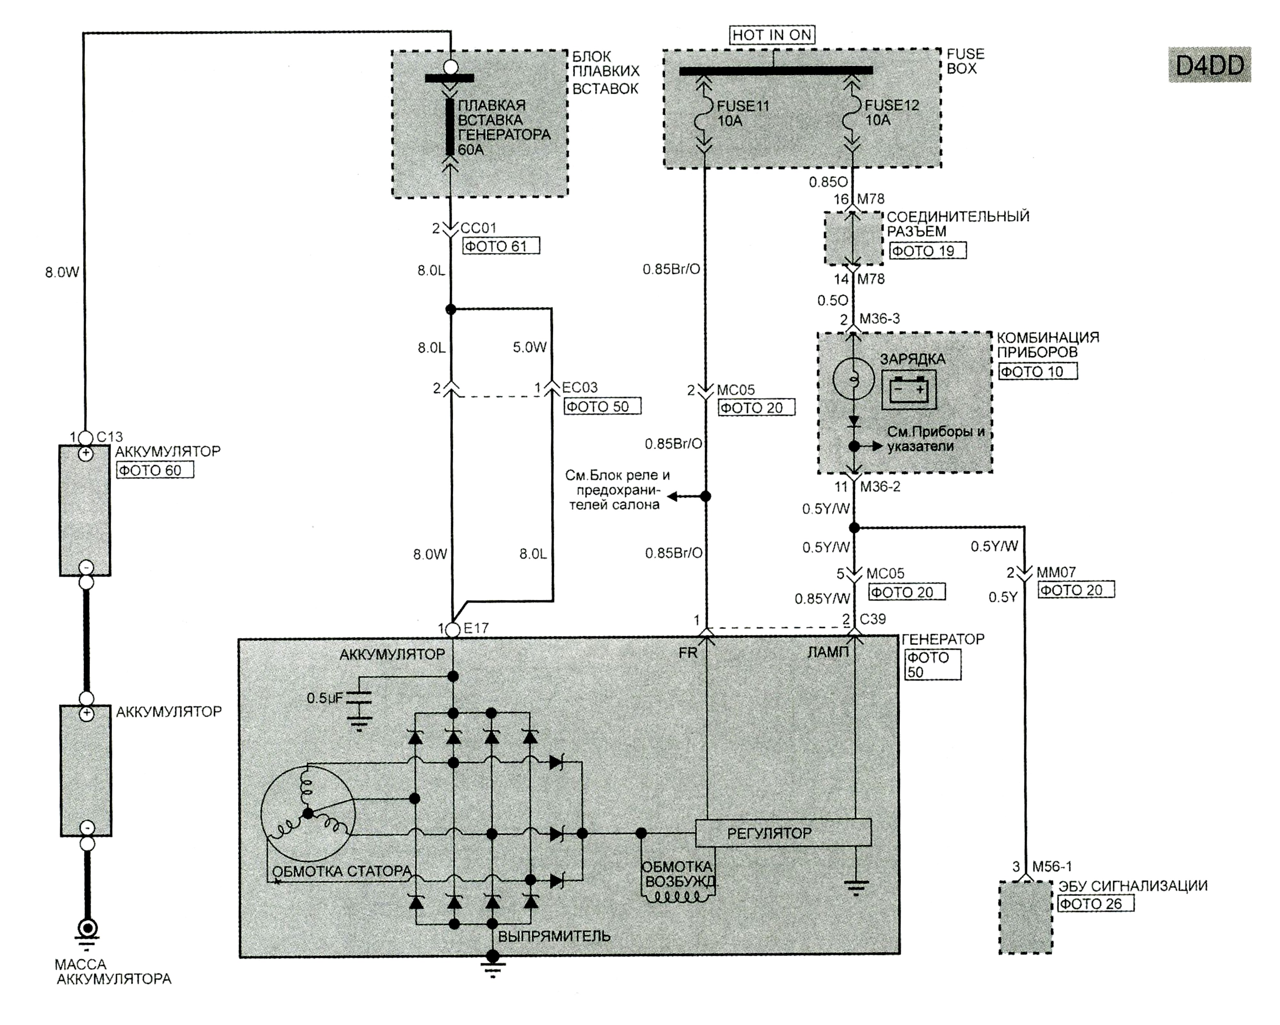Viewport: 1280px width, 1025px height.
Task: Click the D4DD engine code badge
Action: point(1209,65)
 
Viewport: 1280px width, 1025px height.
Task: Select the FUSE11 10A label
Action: point(742,113)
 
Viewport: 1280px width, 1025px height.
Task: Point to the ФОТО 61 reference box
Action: point(501,246)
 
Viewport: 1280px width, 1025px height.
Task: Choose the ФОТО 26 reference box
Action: point(1095,903)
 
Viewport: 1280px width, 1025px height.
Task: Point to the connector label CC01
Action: point(478,228)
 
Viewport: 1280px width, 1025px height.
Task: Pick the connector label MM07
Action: point(1056,573)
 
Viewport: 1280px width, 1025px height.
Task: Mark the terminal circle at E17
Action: point(452,629)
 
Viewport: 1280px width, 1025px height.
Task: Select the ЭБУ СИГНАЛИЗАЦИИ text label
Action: point(1133,886)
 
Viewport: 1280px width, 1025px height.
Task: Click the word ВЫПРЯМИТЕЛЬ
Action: point(554,936)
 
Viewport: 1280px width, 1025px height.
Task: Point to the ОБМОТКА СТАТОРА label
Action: point(341,871)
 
